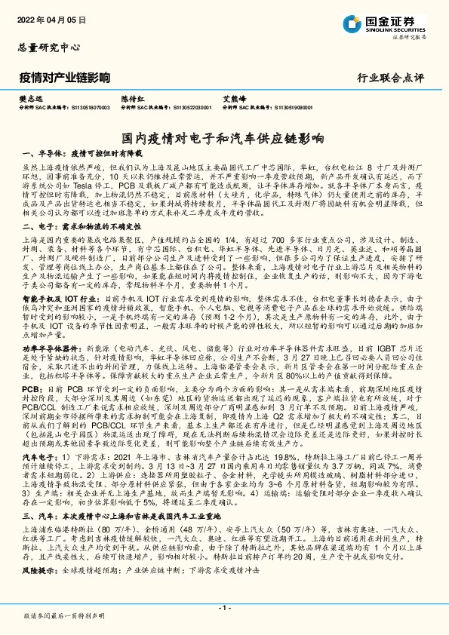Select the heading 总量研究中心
(x=48, y=47)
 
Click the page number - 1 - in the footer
(x=224, y=609)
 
